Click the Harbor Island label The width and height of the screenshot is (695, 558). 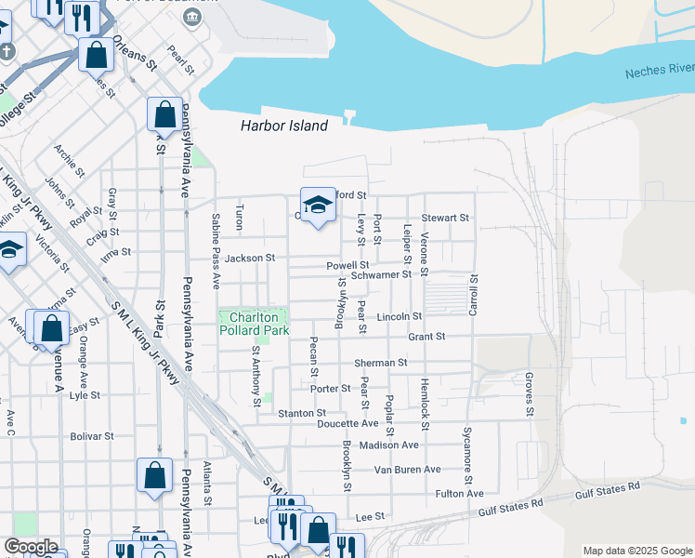283,126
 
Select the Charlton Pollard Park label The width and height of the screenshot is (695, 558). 254,323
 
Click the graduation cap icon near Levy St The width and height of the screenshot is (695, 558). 318,206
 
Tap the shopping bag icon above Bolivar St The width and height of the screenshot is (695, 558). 154,474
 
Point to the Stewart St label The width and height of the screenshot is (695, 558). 445,218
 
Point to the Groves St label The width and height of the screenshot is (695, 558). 529,394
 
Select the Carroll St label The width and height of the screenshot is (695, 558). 473,294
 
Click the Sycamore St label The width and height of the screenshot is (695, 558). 467,448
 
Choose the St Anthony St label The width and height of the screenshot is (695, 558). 256,377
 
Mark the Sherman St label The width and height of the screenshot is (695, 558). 380,363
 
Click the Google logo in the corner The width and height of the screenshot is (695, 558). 31,547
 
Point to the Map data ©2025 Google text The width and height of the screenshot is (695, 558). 636,551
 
